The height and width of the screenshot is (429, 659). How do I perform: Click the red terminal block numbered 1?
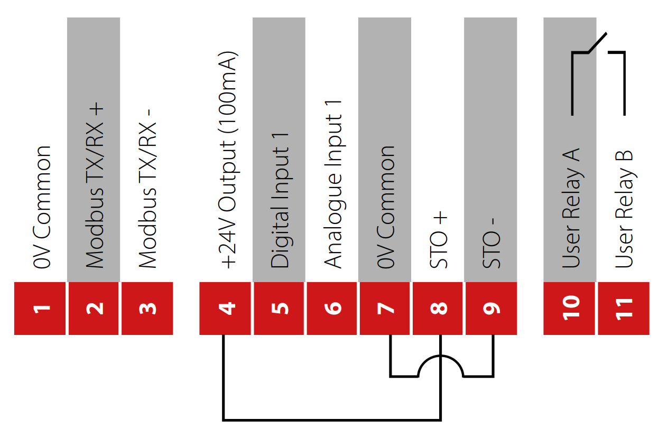(40, 309)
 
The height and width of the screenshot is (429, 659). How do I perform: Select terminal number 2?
(94, 309)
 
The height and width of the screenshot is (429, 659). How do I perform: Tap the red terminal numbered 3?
(147, 309)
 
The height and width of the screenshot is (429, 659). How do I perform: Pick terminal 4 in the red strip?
(226, 309)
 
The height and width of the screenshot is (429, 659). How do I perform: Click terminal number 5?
(279, 309)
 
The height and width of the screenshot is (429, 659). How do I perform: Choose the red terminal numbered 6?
(332, 309)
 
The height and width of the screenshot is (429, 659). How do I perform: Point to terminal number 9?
(491, 309)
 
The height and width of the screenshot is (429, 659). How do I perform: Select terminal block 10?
(570, 309)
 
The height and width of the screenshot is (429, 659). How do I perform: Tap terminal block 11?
(624, 309)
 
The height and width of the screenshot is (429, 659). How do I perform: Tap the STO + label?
(439, 240)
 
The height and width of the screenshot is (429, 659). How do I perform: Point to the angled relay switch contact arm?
(597, 43)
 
